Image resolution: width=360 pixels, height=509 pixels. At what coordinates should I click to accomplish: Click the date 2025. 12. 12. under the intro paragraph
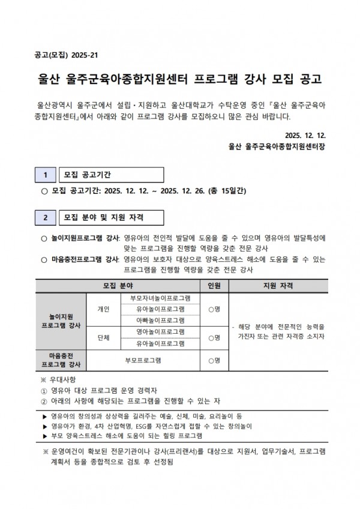click(x=305, y=135)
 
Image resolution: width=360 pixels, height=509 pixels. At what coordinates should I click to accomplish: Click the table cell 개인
click(x=103, y=309)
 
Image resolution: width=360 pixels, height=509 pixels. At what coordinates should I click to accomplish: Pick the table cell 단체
click(x=103, y=338)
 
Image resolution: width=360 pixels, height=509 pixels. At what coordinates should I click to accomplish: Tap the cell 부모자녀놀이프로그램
click(x=160, y=298)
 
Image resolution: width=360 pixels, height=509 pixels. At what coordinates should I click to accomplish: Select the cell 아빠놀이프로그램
click(x=160, y=321)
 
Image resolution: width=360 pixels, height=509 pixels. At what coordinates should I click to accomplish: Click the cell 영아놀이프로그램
click(x=160, y=332)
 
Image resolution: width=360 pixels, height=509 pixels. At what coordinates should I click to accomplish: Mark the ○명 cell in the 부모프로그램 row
click(x=214, y=361)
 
